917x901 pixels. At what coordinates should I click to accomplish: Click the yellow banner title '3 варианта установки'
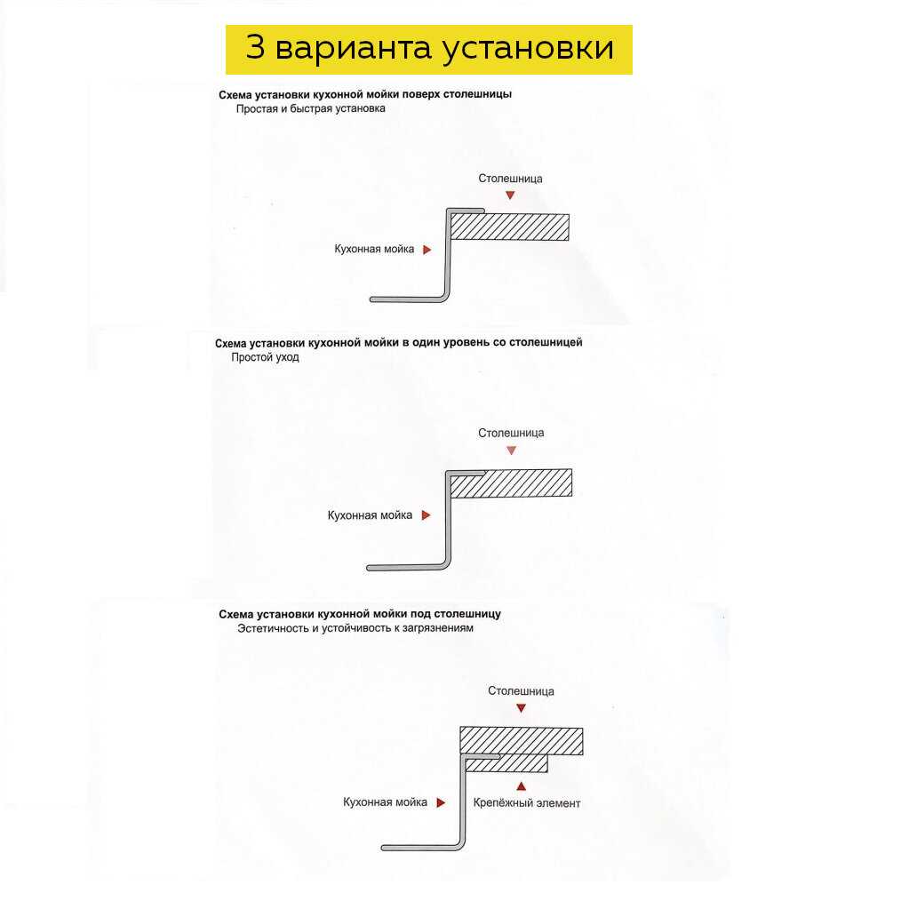[x=429, y=49]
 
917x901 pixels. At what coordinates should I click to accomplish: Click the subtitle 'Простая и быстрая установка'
[x=311, y=109]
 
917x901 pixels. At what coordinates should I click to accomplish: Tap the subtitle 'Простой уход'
[x=265, y=357]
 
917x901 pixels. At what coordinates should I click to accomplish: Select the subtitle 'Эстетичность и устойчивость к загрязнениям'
[x=355, y=628]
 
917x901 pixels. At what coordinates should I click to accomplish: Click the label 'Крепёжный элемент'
[x=527, y=803]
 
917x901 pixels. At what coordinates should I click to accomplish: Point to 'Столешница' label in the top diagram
[x=510, y=179]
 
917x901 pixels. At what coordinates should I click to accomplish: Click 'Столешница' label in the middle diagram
[x=511, y=434]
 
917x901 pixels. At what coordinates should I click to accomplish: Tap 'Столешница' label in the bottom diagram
[x=521, y=691]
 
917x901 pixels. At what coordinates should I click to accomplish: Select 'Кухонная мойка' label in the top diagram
[x=374, y=250]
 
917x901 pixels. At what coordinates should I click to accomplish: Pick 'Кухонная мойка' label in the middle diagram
[x=370, y=515]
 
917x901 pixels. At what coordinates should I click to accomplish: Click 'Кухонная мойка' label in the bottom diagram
[x=385, y=802]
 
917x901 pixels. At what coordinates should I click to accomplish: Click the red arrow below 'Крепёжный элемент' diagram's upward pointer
[x=522, y=785]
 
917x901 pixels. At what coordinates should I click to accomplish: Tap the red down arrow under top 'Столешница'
[x=509, y=195]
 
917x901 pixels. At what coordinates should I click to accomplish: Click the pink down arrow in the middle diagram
[x=511, y=450]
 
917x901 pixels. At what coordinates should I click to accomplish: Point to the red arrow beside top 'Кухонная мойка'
[x=427, y=251]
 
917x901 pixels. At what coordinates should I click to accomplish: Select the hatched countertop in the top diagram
[x=510, y=227]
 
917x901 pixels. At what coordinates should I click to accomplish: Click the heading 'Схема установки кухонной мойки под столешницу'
[x=360, y=614]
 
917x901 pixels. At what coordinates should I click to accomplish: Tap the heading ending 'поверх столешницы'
[x=364, y=94]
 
